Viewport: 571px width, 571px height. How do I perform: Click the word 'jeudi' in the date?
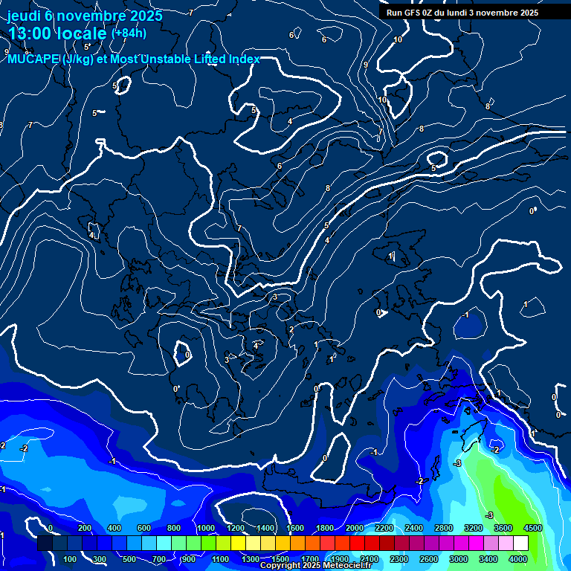click(x=25, y=16)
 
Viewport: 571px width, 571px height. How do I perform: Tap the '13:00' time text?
click(x=30, y=33)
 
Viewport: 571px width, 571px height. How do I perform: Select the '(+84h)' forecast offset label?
click(x=128, y=33)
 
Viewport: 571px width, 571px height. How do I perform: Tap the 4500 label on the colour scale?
click(x=533, y=528)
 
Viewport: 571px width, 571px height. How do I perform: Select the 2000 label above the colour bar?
click(x=354, y=528)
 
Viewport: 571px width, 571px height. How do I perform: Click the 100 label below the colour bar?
click(x=70, y=558)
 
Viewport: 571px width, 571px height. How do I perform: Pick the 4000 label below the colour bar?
click(x=518, y=558)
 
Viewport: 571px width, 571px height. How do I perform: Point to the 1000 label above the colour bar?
click(x=205, y=528)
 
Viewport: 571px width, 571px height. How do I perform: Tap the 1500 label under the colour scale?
click(x=280, y=558)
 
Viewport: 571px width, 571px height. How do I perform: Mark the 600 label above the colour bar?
click(x=144, y=528)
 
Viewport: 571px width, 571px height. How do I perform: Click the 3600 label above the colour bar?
click(x=503, y=528)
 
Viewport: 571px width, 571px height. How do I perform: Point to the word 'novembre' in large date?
click(x=88, y=16)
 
